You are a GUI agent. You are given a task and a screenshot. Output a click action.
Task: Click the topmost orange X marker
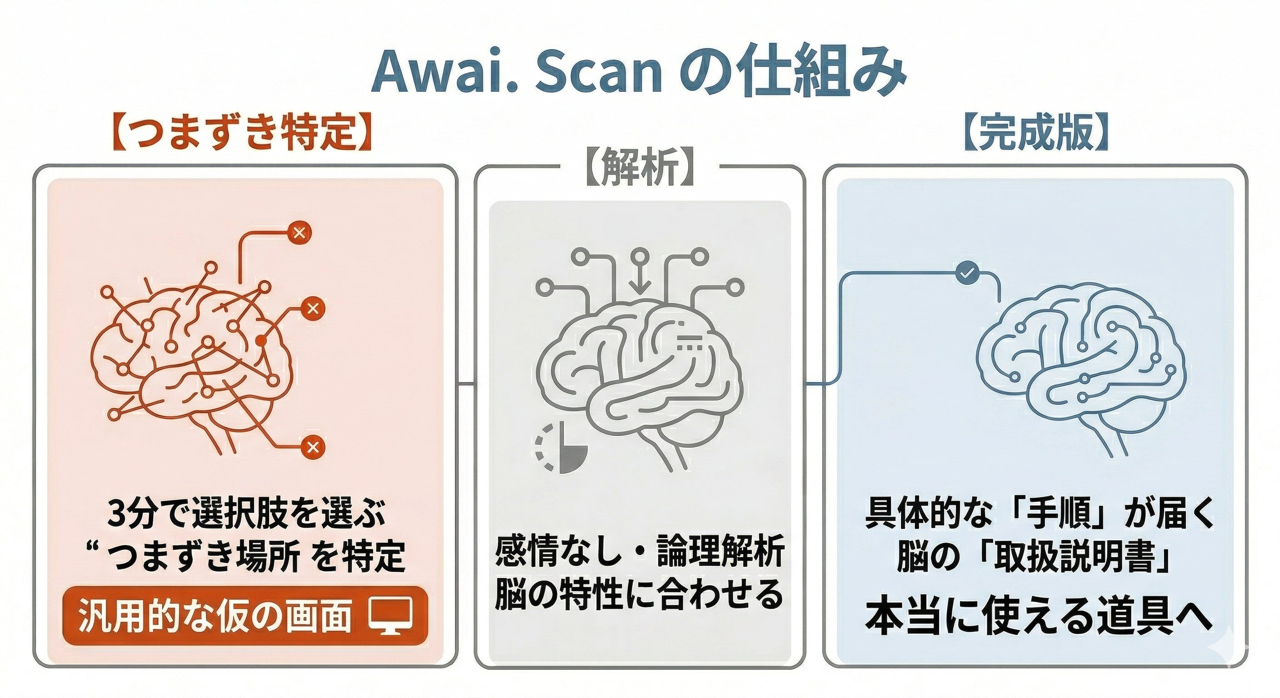tap(299, 232)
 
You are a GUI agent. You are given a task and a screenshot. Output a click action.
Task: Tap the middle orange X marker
tap(313, 309)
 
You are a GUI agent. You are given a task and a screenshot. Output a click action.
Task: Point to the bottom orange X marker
tap(313, 447)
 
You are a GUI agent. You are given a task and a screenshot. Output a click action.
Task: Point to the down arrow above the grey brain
tap(640, 279)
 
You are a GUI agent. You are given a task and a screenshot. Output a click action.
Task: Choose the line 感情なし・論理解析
tap(640, 551)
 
